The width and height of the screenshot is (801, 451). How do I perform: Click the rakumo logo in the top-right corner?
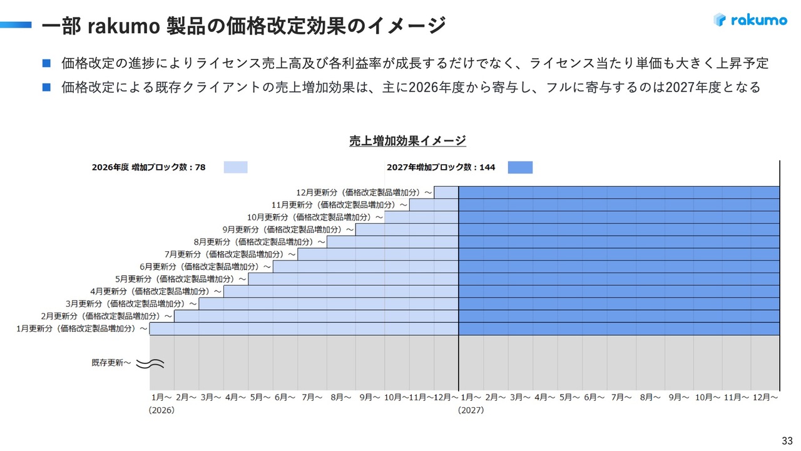(x=750, y=20)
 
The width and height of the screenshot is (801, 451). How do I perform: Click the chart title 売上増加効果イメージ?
(x=407, y=140)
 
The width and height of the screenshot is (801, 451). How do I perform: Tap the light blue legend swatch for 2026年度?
(x=235, y=167)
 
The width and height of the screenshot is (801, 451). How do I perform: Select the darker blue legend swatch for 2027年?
(x=520, y=167)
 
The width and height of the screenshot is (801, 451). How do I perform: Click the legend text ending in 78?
(x=148, y=167)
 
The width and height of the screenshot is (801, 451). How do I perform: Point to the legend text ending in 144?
(x=441, y=167)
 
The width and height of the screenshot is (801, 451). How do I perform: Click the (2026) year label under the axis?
(x=161, y=410)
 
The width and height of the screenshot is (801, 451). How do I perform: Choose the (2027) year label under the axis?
(x=471, y=410)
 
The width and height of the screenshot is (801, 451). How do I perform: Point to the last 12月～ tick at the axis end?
(x=765, y=397)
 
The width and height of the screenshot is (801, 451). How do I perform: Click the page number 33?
(x=787, y=440)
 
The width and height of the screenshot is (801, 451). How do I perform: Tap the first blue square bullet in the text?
(x=46, y=63)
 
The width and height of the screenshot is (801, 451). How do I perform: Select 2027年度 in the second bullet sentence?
(x=691, y=87)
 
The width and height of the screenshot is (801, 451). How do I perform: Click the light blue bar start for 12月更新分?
(x=446, y=192)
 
